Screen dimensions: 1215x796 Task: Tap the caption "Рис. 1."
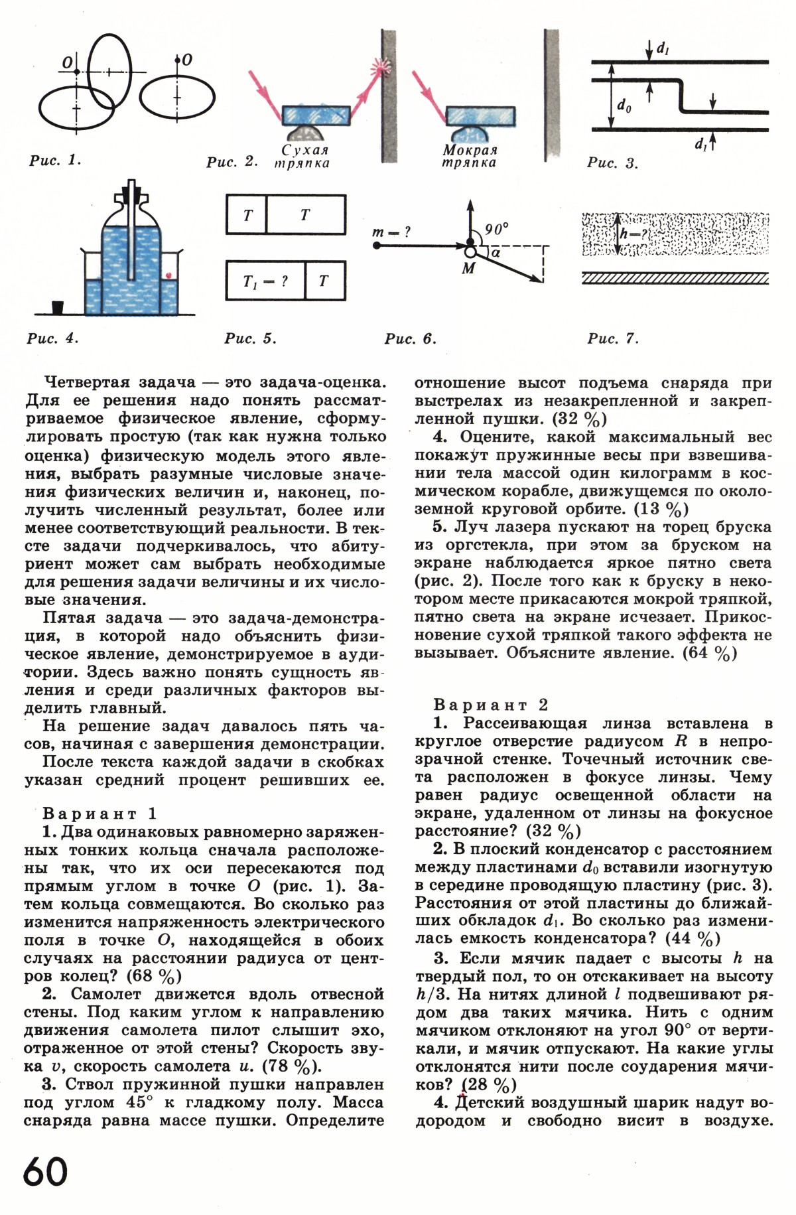(55, 160)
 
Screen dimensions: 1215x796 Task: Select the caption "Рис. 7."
(613, 339)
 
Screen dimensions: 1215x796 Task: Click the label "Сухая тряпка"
(303, 157)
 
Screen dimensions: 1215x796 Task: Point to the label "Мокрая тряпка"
(470, 157)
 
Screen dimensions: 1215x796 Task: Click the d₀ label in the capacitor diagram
(624, 105)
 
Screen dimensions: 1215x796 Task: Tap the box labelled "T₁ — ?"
(265, 281)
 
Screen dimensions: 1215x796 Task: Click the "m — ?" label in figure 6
(392, 232)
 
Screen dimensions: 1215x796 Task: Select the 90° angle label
(496, 229)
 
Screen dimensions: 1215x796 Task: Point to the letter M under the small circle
(469, 269)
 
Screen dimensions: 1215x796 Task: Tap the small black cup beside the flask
(58, 307)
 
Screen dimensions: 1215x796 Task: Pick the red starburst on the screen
(381, 66)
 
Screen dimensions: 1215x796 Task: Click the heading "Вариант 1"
(100, 814)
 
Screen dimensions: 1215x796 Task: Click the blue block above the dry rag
(316, 115)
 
